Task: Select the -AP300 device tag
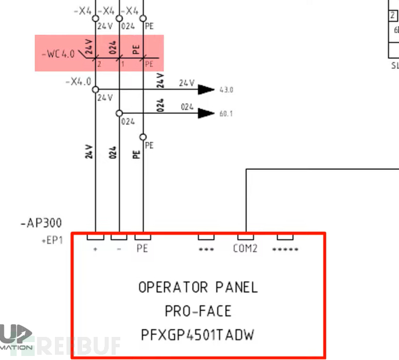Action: tap(40, 222)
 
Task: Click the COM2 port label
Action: tap(245, 250)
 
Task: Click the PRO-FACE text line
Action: tap(198, 311)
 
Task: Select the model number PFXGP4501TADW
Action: tap(198, 335)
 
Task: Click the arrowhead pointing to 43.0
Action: tap(205, 90)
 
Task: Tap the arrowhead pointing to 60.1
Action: tap(205, 113)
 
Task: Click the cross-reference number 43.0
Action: tap(226, 90)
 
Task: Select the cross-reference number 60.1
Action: tap(226, 114)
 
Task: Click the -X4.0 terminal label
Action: tap(79, 81)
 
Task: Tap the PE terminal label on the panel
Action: tap(142, 250)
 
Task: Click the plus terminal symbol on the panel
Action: tap(95, 249)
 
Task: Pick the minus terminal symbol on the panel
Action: tap(119, 249)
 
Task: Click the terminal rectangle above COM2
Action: tap(245, 237)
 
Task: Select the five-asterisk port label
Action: tap(285, 250)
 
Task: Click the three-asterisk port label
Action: tap(206, 250)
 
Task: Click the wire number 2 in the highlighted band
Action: tap(99, 64)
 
